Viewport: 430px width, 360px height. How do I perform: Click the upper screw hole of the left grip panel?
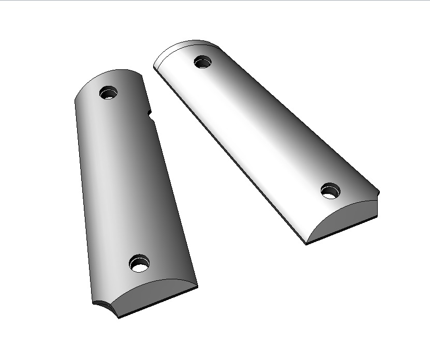pyautogui.click(x=109, y=94)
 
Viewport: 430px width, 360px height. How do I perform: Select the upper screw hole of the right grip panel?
pyautogui.click(x=203, y=62)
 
